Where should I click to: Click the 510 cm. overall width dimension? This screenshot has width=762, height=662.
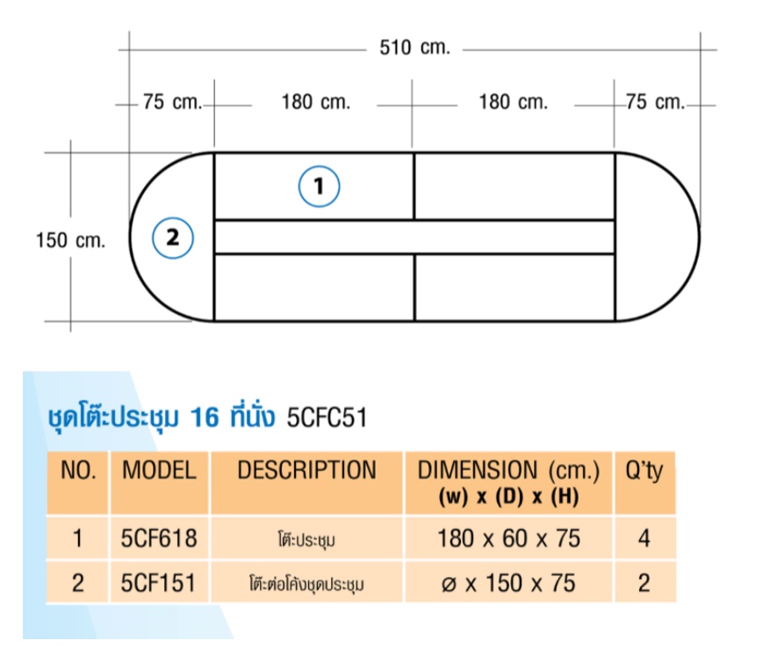click(414, 47)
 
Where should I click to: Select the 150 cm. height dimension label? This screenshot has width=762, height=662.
click(70, 240)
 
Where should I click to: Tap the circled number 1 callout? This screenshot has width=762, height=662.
click(319, 186)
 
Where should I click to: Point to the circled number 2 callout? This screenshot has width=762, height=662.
click(173, 238)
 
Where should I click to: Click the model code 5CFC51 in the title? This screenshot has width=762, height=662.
click(327, 418)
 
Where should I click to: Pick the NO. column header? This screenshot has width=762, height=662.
click(78, 470)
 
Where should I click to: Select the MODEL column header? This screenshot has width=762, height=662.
click(160, 470)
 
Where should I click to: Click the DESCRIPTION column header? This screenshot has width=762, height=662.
click(306, 470)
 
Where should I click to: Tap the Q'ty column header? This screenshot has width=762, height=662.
click(643, 471)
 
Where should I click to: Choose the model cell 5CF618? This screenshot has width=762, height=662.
click(159, 538)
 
